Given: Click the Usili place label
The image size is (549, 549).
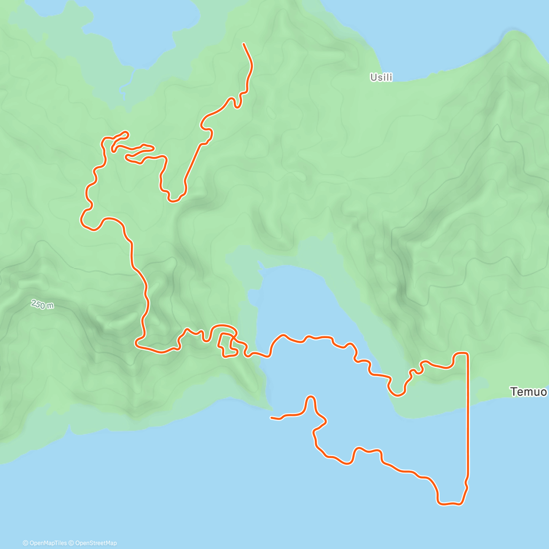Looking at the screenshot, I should [381, 78].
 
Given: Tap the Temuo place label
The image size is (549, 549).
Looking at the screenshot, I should [528, 392].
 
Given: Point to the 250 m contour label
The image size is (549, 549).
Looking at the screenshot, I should [42, 304].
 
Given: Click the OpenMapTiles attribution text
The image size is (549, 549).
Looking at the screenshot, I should [48, 543].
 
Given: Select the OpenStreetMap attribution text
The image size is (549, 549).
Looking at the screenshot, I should [96, 543].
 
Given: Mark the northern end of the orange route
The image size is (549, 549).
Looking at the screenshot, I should [243, 44].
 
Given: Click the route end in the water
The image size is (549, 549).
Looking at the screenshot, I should [272, 417].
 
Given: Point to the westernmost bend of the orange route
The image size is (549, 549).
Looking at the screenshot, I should [82, 219].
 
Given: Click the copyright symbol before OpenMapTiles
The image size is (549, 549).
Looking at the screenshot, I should [26, 543].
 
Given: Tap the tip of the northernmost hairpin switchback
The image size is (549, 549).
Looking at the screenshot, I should [125, 133].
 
